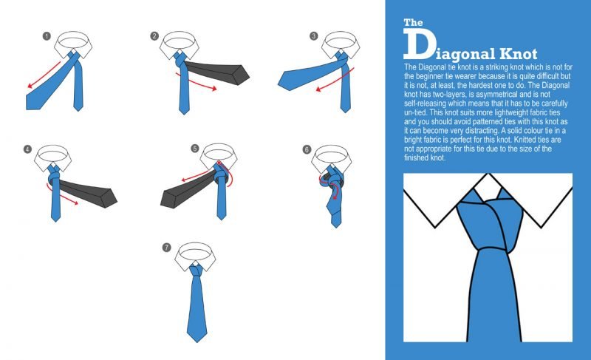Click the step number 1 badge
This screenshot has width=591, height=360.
click(47, 36)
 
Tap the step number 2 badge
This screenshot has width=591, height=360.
click(154, 35)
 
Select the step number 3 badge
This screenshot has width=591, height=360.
click(313, 35)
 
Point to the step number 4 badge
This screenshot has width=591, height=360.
click(27, 149)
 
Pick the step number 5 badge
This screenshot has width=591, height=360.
click(194, 148)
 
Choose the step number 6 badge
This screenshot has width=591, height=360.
click(307, 149)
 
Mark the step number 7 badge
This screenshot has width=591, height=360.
click(167, 248)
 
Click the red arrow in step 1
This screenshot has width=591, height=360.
click(44, 75)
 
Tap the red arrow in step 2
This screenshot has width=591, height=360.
click(196, 82)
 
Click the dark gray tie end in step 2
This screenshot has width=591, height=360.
click(216, 72)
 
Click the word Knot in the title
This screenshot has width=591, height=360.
click(519, 54)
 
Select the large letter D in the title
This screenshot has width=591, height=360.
click(418, 45)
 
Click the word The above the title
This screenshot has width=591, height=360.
click(413, 23)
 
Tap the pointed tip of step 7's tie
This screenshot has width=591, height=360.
click(197, 342)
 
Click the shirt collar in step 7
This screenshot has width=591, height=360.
click(195, 257)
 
